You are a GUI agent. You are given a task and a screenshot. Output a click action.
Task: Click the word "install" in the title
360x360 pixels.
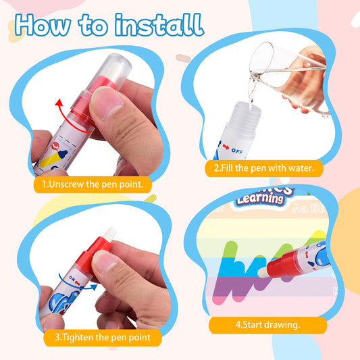(x=159, y=25)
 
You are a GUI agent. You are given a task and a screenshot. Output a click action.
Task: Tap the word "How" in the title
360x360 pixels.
(x=43, y=25)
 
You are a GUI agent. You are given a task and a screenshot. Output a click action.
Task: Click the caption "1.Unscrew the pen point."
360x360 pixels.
(x=93, y=184)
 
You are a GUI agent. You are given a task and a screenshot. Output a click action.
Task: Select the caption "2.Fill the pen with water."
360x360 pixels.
(x=264, y=168)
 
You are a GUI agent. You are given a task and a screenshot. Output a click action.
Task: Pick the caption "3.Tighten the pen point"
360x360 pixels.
(x=103, y=337)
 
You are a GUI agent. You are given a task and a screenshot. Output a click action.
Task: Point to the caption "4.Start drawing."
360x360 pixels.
(x=267, y=325)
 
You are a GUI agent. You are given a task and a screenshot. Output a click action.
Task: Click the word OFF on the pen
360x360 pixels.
(x=237, y=151)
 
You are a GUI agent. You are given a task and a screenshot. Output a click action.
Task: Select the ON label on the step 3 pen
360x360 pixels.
(x=72, y=279)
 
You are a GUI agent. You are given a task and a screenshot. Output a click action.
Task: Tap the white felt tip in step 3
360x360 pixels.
(x=110, y=234)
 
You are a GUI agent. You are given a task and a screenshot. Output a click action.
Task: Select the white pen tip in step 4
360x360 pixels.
(x=263, y=272)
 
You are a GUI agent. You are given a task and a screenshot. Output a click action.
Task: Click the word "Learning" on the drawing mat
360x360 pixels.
(x=260, y=199)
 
